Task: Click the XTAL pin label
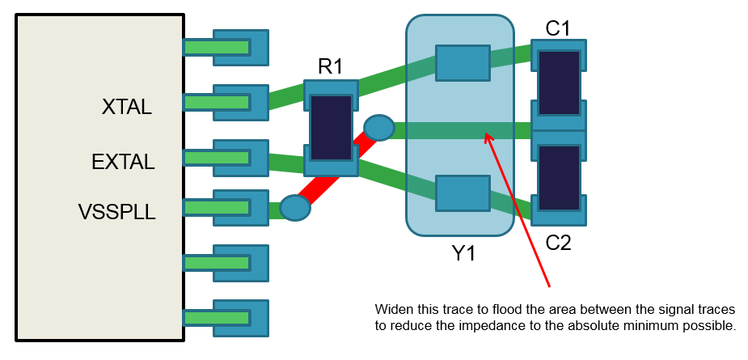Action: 127,107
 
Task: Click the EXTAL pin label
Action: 123,162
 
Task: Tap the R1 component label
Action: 330,66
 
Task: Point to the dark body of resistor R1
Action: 331,128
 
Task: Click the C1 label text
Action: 558,28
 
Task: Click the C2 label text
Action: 558,242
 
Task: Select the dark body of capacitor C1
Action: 559,83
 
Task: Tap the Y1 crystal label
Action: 463,253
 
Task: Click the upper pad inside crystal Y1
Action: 463,63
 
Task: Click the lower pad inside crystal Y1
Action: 463,193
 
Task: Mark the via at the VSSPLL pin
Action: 295,208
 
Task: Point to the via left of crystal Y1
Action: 378,127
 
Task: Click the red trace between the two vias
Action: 336,168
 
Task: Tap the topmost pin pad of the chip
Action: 240,48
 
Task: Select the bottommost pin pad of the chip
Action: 240,318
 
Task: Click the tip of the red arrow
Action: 485,134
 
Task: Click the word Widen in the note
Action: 392,310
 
